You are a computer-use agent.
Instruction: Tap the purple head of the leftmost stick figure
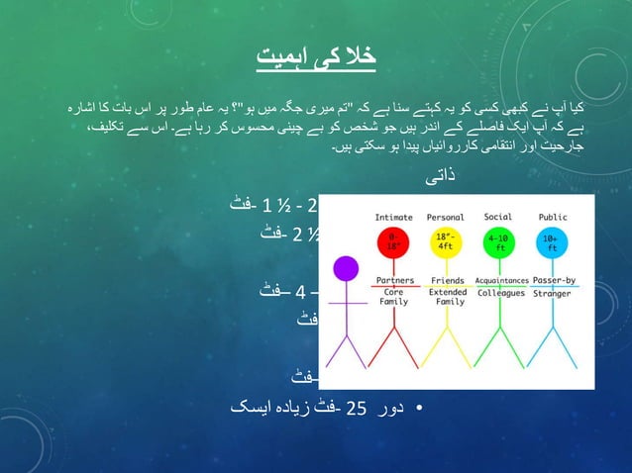click(x=346, y=268)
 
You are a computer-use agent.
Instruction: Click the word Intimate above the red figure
click(x=394, y=217)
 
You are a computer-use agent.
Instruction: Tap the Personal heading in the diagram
click(x=445, y=217)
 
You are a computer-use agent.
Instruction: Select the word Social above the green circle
click(x=499, y=217)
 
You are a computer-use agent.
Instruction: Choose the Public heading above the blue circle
click(x=552, y=217)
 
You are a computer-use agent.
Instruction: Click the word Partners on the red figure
click(x=394, y=280)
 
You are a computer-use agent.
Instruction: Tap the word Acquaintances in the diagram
click(x=500, y=280)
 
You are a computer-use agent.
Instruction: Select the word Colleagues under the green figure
click(x=500, y=293)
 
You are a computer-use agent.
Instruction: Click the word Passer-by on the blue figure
click(x=553, y=280)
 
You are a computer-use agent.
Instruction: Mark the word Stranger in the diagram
click(x=552, y=293)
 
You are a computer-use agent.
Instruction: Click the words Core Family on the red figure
click(x=393, y=298)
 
